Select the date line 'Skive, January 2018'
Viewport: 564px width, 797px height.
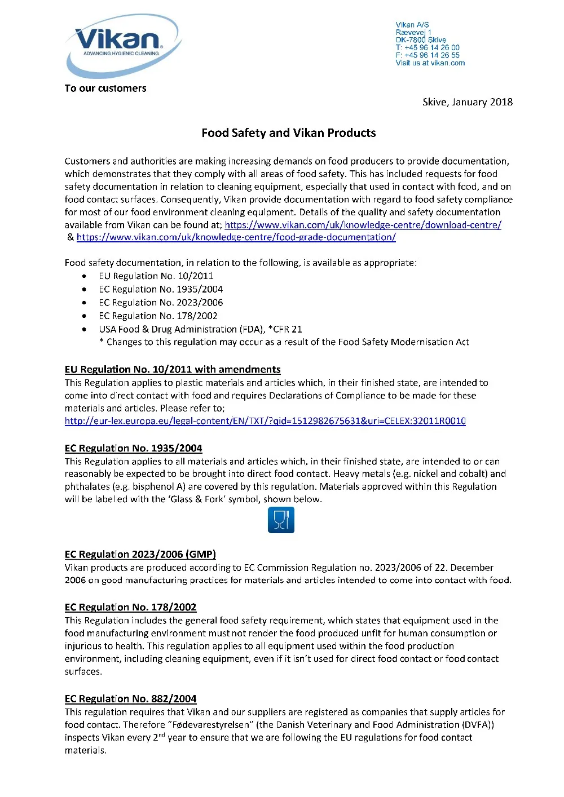(x=467, y=102)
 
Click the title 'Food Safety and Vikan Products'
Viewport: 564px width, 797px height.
(x=288, y=133)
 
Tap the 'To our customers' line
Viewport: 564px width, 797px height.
(x=105, y=88)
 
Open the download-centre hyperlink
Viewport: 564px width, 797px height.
(x=363, y=225)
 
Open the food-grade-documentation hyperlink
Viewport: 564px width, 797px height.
(x=236, y=237)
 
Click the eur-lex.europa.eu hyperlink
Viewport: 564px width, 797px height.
(x=265, y=421)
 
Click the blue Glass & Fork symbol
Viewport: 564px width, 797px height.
(x=281, y=520)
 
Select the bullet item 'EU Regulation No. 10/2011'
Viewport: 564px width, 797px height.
(x=156, y=276)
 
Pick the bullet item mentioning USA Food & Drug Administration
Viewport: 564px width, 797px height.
(x=200, y=329)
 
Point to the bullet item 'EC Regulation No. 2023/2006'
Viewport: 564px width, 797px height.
(x=161, y=303)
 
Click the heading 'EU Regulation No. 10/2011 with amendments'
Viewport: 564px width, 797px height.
(x=173, y=370)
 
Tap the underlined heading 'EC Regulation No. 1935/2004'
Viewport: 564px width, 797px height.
(x=133, y=449)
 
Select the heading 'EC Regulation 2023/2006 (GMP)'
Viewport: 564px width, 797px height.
(x=140, y=555)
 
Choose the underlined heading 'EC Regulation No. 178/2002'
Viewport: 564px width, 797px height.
(x=130, y=608)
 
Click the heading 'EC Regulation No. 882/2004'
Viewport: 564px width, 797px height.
(x=130, y=699)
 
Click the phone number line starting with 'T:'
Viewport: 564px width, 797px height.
(x=427, y=48)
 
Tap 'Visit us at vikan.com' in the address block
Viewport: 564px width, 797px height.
(x=430, y=63)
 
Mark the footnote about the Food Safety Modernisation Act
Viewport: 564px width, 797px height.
(x=284, y=342)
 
